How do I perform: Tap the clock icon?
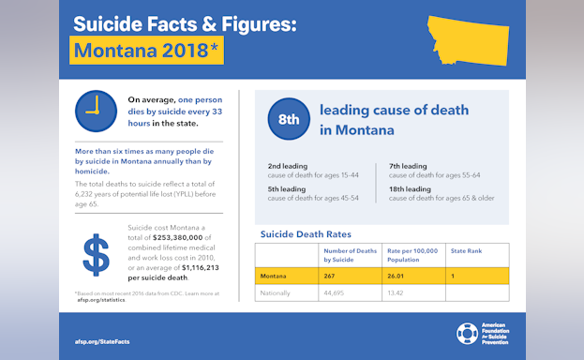pos(91,112)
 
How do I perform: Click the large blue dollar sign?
pos(95,255)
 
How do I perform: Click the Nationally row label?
pos(276,292)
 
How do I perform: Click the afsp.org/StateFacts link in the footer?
pos(101,341)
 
